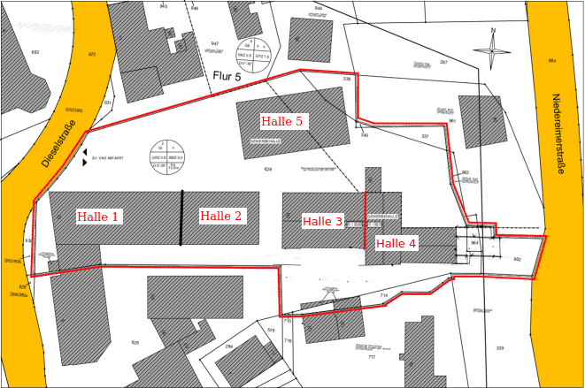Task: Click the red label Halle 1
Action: pos(98,217)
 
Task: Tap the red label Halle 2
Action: pos(220,217)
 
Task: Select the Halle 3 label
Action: pos(322,221)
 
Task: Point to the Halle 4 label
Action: pos(396,243)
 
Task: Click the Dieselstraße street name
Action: pos(60,144)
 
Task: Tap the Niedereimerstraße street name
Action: pos(557,133)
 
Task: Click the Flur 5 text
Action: pos(227,77)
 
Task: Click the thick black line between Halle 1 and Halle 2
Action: pos(181,217)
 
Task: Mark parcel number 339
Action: pos(499,348)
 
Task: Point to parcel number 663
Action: pos(35,52)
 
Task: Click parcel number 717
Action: pos(372,357)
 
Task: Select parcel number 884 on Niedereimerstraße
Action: pos(551,60)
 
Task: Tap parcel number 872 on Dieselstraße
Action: pos(91,54)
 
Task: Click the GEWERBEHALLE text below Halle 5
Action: pos(266,141)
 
